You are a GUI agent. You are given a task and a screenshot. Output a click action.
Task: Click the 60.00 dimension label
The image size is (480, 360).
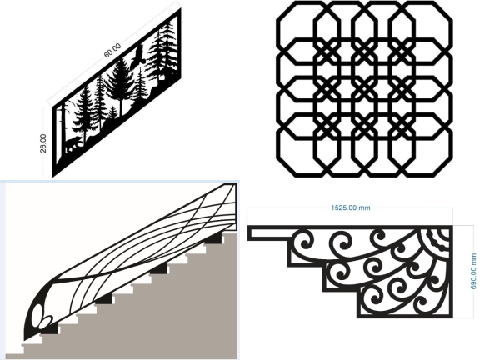[x=112, y=51]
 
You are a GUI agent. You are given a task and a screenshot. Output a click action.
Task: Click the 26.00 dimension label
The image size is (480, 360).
[x=43, y=143]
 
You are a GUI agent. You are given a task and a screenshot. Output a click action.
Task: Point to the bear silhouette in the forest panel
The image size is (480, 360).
[x=72, y=144]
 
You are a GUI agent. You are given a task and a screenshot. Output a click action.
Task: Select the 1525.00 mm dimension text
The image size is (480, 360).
[x=351, y=207]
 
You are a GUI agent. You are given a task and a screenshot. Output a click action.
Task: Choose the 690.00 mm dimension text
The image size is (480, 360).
[x=473, y=271]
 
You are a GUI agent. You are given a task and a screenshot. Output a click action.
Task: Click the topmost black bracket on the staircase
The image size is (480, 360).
[x=213, y=238]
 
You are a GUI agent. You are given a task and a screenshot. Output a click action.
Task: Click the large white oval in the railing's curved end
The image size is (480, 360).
[x=37, y=316]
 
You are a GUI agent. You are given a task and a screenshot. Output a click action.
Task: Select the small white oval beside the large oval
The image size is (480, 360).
[x=47, y=321]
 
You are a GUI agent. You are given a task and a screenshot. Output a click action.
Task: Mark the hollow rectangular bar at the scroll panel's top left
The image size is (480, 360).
[x=269, y=233]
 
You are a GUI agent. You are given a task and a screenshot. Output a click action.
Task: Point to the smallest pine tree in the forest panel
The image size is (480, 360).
[x=113, y=112]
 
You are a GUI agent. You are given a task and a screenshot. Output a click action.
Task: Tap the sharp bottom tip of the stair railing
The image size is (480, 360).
[x=25, y=340]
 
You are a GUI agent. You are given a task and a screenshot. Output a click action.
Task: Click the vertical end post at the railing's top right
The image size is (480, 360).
[x=235, y=207]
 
